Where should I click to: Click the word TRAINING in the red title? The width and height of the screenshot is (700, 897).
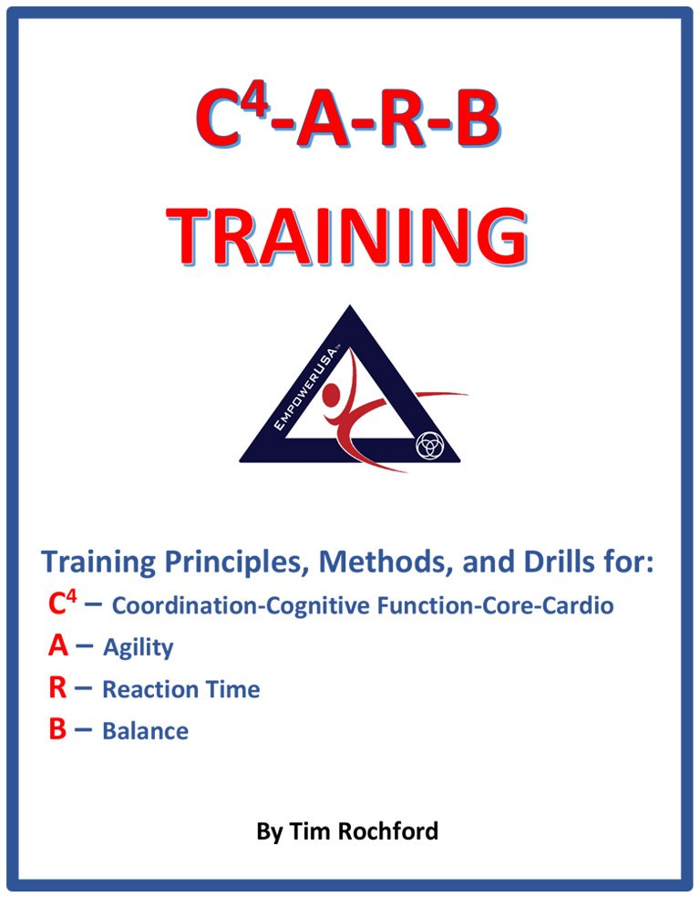point(346,237)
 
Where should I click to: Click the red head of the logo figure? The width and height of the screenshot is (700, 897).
point(333,394)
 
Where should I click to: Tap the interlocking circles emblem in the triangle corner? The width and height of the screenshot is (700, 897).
point(429,445)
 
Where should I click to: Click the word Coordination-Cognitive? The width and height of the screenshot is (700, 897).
point(241,605)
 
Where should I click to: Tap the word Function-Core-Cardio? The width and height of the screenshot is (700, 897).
point(495,604)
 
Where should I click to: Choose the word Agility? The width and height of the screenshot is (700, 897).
point(139,648)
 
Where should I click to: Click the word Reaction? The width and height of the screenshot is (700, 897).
point(145,689)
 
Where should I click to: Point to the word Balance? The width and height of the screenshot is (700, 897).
point(145,731)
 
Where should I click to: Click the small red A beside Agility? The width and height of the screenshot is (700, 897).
point(57,646)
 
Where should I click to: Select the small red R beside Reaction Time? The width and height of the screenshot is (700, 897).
point(57,687)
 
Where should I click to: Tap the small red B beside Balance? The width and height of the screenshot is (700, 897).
point(57,729)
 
